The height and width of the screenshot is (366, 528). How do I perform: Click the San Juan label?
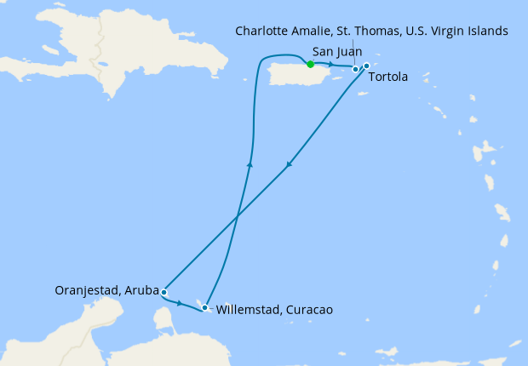pyautogui.click(x=337, y=52)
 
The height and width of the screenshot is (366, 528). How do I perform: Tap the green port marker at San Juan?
pyautogui.click(x=310, y=65)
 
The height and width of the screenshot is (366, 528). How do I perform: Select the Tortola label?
pyautogui.click(x=388, y=77)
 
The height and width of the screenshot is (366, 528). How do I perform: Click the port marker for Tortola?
pyautogui.click(x=366, y=66)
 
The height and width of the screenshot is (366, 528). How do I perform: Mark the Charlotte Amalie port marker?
pyautogui.click(x=355, y=69)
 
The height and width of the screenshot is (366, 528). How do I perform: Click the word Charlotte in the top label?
pyautogui.click(x=266, y=31)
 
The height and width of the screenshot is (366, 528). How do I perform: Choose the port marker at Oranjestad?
pyautogui.click(x=164, y=292)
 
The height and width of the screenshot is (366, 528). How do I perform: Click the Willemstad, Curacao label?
pyautogui.click(x=273, y=310)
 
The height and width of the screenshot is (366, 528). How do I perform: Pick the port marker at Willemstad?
pyautogui.click(x=204, y=307)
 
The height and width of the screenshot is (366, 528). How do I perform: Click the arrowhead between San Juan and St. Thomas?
pyautogui.click(x=330, y=65)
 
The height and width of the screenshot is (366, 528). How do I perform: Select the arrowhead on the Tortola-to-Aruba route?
pyautogui.click(x=290, y=165)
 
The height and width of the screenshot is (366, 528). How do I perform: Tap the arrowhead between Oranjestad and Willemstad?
pyautogui.click(x=180, y=303)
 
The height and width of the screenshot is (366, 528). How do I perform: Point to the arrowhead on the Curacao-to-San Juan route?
pyautogui.click(x=249, y=165)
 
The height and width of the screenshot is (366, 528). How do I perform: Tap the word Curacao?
pyautogui.click(x=307, y=310)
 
